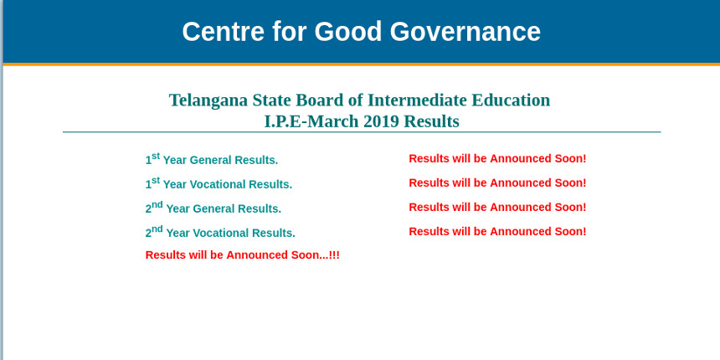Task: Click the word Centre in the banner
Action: tap(224, 32)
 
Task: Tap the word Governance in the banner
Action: tap(465, 32)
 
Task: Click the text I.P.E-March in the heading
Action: tap(311, 121)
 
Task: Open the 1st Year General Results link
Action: tap(212, 159)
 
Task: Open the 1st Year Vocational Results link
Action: tap(219, 183)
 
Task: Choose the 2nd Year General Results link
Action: tap(213, 208)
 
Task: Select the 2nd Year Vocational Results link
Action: tap(220, 232)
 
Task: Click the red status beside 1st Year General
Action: tap(497, 159)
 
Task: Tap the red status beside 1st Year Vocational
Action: tap(497, 183)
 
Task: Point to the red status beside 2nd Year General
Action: tap(497, 208)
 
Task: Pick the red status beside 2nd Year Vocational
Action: tap(497, 232)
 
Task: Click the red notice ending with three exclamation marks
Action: tap(243, 255)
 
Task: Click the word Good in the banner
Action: tap(348, 32)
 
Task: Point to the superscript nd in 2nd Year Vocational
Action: tap(157, 229)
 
